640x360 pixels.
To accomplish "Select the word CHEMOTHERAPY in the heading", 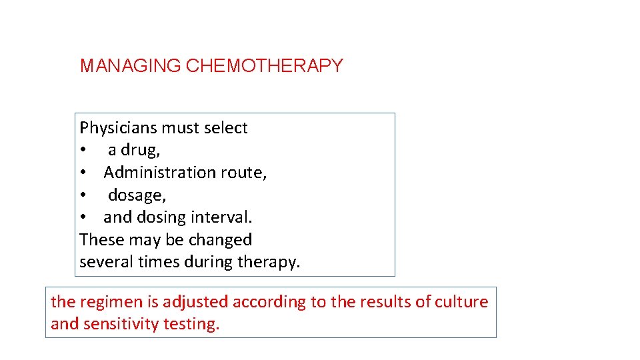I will pyautogui.click(x=265, y=66).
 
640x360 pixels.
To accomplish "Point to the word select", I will pyautogui.click(x=227, y=128).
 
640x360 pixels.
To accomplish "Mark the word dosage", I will pyautogui.click(x=137, y=195).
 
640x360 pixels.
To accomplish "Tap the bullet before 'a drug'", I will pyautogui.click(x=83, y=151).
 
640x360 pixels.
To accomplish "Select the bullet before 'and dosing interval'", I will pyautogui.click(x=83, y=218).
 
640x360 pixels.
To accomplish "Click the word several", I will pyautogui.click(x=106, y=262).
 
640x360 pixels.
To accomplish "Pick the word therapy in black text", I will pyautogui.click(x=268, y=263).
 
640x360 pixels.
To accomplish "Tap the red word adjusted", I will pyautogui.click(x=196, y=302).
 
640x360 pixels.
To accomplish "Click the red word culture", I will pyautogui.click(x=462, y=302).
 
